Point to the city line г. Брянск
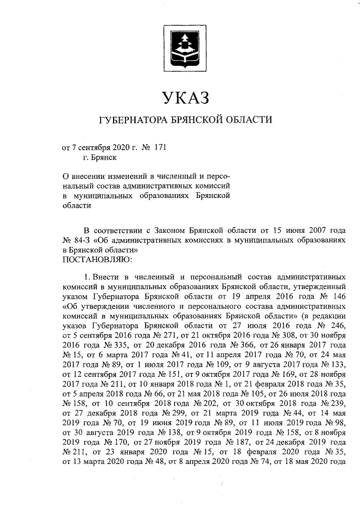pos(99,158)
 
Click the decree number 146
pos(338,296)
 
